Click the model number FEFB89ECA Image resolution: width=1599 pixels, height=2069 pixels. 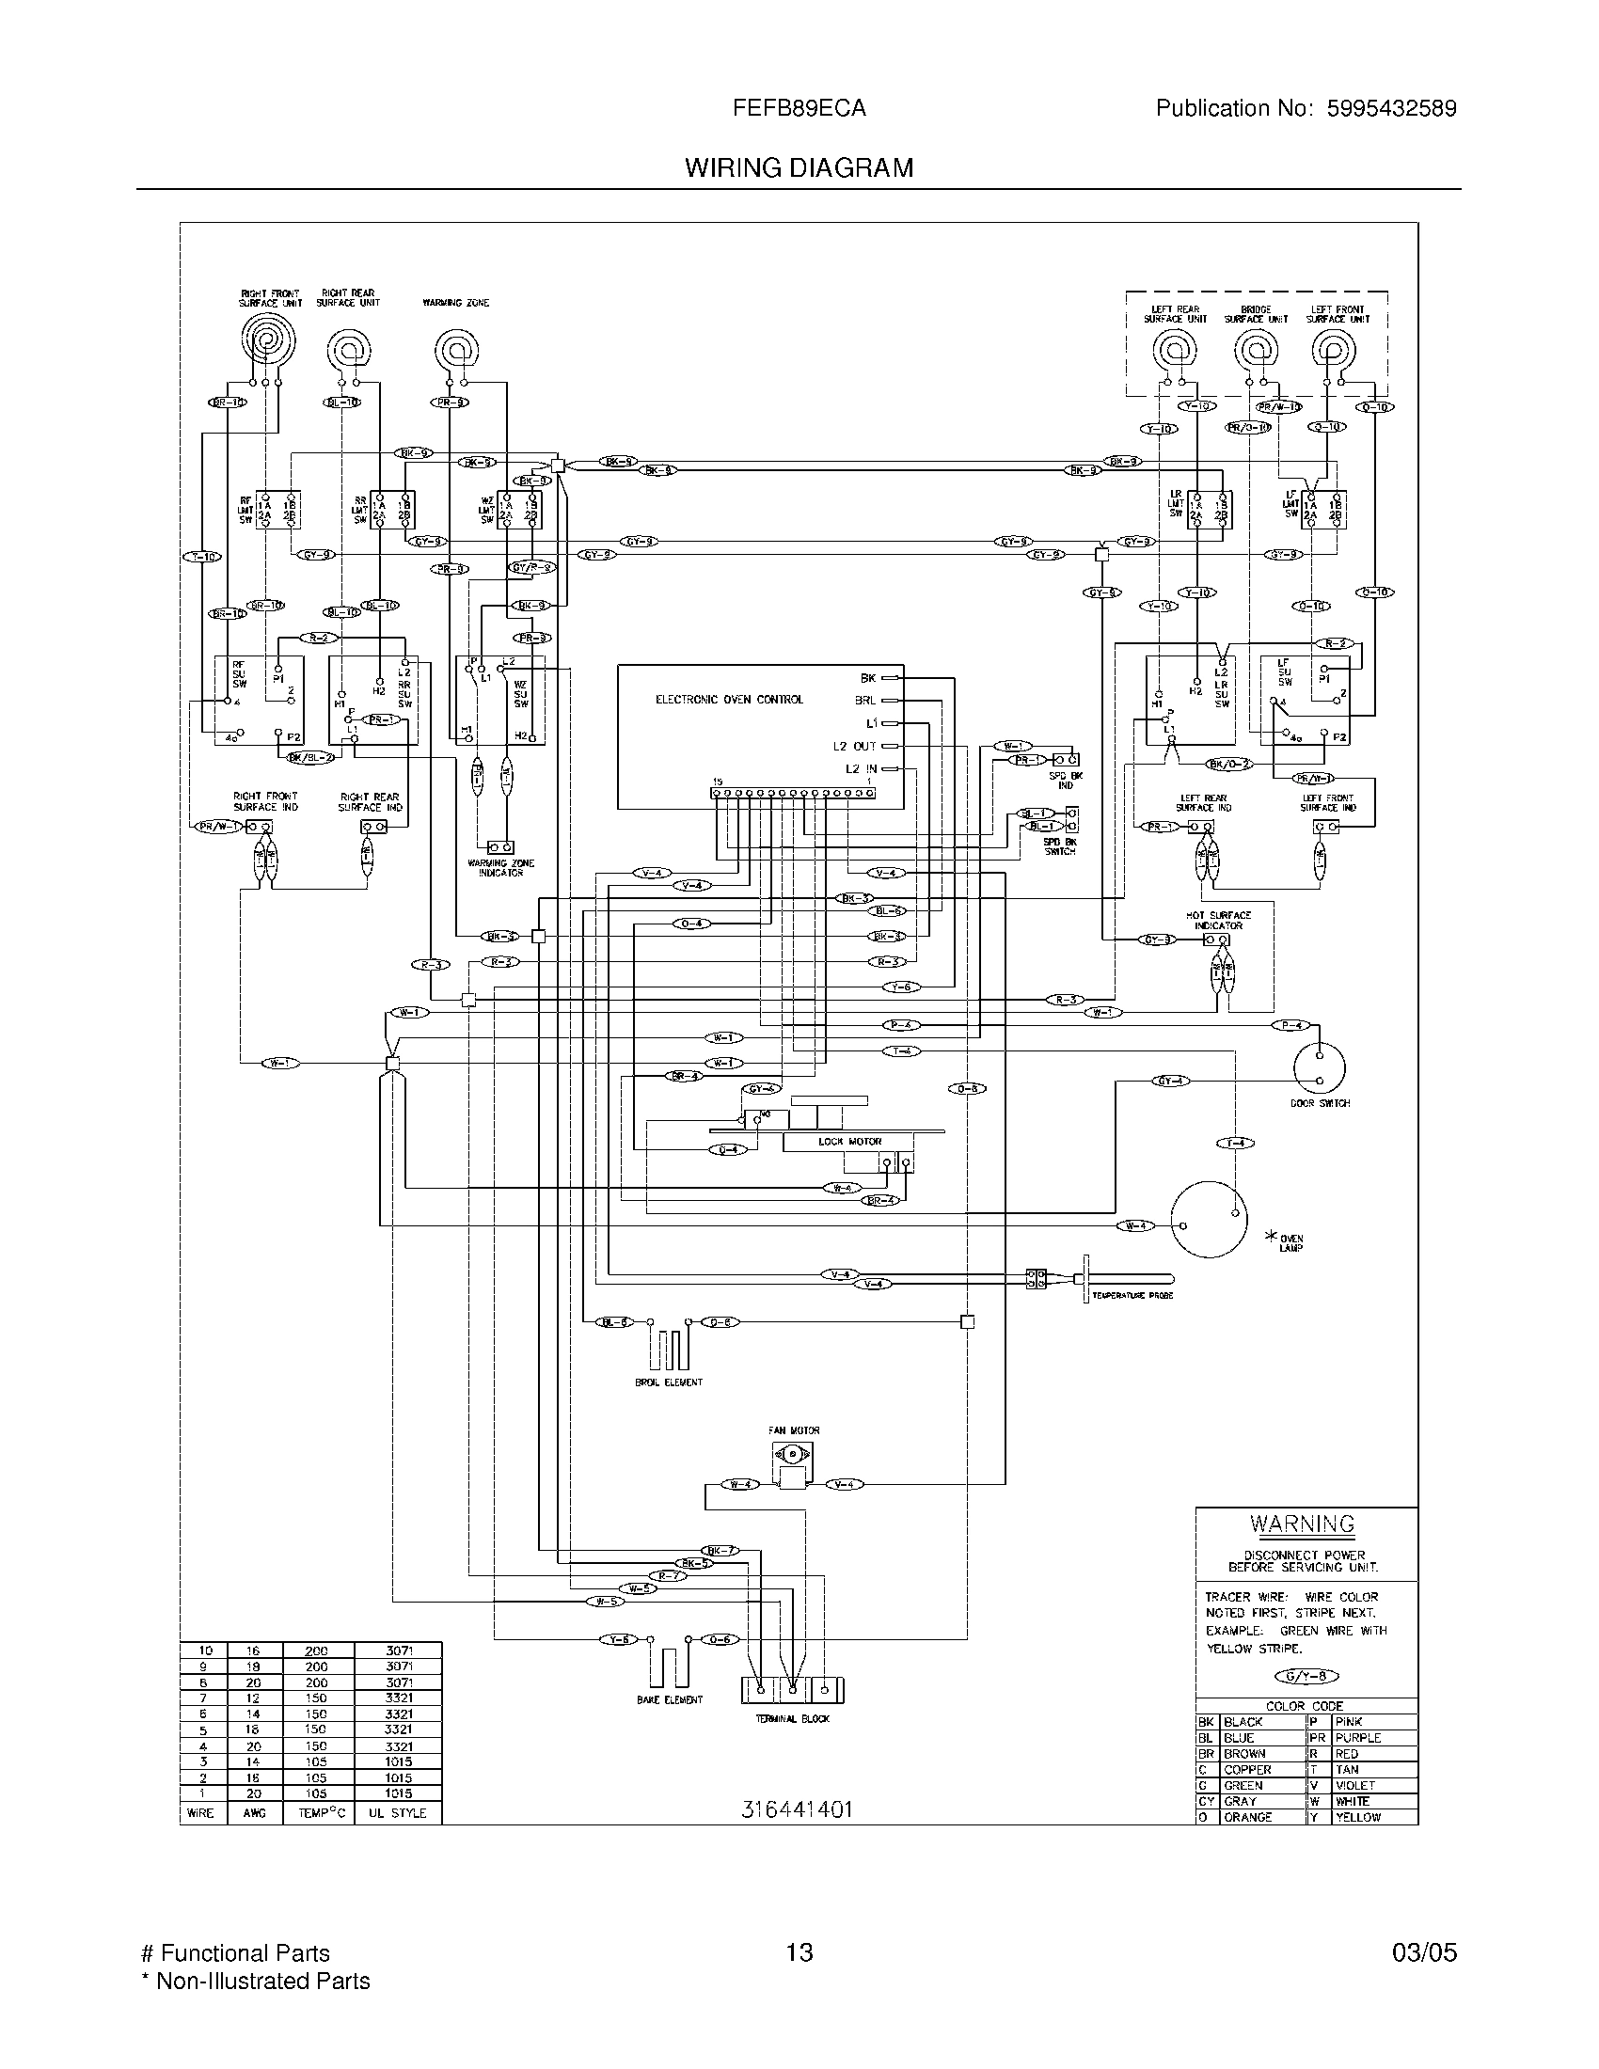pyautogui.click(x=799, y=108)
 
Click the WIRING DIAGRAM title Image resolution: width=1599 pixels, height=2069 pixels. pyautogui.click(x=799, y=167)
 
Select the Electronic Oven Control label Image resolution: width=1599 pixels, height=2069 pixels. pyautogui.click(x=728, y=700)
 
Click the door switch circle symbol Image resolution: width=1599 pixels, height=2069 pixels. pyautogui.click(x=1319, y=1067)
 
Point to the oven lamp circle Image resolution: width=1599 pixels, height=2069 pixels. pyautogui.click(x=1208, y=1219)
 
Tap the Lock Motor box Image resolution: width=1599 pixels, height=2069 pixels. pyautogui.click(x=848, y=1142)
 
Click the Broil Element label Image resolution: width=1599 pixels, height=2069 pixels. pyautogui.click(x=668, y=1382)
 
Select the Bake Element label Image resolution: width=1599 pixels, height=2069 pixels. pyautogui.click(x=669, y=1699)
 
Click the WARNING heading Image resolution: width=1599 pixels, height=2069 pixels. pyautogui.click(x=1302, y=1524)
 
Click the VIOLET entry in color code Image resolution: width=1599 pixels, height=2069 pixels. pyautogui.click(x=1354, y=1785)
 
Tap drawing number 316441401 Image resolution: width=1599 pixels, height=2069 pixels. pyautogui.click(x=797, y=1809)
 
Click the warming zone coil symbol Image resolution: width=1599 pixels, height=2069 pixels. pyautogui.click(x=456, y=351)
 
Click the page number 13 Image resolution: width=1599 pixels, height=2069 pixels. pyautogui.click(x=799, y=1952)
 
